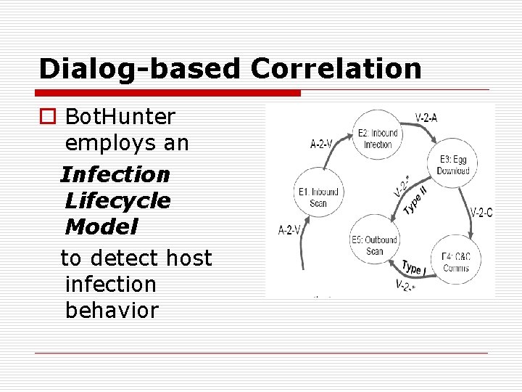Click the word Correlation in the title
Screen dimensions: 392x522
pos(336,68)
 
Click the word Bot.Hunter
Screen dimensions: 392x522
pos(120,116)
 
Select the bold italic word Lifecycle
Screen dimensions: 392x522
pos(117,200)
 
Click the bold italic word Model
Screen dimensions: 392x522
pos(101,227)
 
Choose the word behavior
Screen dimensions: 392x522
pos(111,310)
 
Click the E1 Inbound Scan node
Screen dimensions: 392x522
pos(318,196)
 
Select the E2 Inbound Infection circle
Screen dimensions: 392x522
pos(377,136)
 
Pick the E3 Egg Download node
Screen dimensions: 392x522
pos(453,165)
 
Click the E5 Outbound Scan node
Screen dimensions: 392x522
pos(374,245)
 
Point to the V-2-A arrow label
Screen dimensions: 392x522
pos(426,118)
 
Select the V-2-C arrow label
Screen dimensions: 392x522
pos(481,213)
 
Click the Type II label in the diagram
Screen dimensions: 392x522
pos(414,201)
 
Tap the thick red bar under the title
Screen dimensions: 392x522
pos(170,93)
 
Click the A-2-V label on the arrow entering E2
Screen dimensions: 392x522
pos(322,144)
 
